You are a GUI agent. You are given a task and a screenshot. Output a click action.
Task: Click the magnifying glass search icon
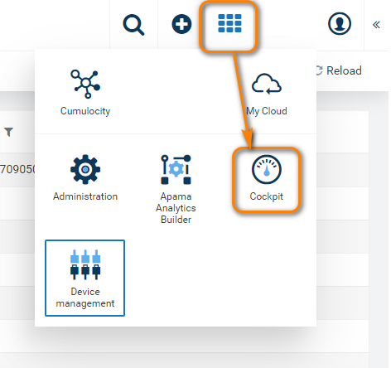133,25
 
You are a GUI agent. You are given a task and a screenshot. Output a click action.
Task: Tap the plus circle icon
181,24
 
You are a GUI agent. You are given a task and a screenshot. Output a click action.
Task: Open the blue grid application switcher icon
229,23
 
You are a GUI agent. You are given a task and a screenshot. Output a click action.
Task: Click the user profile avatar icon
340,24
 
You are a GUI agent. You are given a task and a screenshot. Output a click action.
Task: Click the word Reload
344,70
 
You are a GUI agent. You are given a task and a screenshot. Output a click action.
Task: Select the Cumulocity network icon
85,84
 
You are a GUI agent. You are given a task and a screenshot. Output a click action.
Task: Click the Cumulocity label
85,111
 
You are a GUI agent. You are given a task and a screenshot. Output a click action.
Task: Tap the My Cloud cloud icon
267,84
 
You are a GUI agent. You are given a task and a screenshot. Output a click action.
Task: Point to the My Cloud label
267,111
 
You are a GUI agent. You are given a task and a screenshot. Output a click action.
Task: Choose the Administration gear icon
85,169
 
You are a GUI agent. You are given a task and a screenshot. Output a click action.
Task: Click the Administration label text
85,196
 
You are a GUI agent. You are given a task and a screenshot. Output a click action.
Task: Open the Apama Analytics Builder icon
176,169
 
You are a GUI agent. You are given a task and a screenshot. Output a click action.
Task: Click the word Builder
176,220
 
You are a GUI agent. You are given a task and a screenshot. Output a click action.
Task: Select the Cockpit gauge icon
267,169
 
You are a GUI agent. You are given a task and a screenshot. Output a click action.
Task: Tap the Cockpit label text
267,196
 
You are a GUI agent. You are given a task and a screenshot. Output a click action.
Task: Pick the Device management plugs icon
85,264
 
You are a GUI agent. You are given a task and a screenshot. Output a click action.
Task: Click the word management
85,303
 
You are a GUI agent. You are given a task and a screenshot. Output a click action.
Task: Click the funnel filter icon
9,132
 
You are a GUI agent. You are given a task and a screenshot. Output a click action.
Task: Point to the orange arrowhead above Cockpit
249,138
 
